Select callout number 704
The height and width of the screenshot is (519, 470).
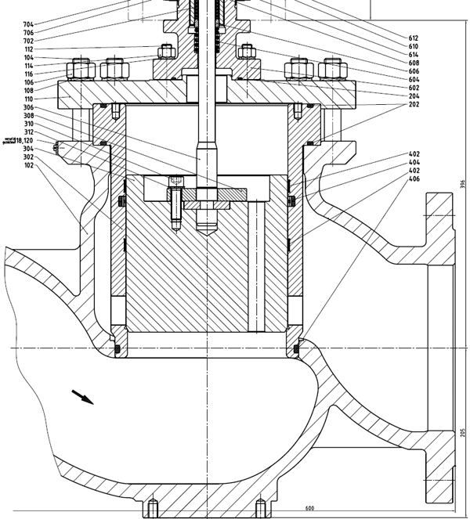coord(29,25)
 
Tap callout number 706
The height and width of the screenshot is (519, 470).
coord(29,33)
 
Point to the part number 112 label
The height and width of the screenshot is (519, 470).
coord(29,49)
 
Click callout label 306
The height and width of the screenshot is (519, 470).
coord(29,107)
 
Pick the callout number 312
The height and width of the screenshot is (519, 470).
coord(29,132)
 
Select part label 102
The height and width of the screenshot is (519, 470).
coord(29,165)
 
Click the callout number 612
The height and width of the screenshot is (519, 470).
coord(414,38)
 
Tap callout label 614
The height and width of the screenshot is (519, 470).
coord(414,54)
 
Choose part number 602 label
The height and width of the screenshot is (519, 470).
coord(414,88)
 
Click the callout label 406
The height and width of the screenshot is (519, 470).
coord(414,178)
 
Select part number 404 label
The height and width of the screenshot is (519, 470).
coord(414,162)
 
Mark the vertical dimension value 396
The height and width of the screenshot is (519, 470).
coord(463,185)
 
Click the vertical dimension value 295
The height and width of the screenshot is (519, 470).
coord(463,433)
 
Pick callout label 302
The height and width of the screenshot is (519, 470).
coord(29,157)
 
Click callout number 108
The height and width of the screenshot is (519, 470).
coord(29,91)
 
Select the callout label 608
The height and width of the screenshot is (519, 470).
coord(414,63)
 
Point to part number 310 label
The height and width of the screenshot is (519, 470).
coord(29,124)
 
